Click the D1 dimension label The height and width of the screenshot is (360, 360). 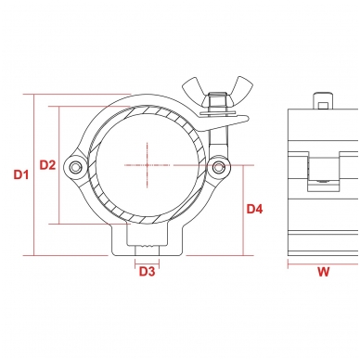click(x=21, y=174)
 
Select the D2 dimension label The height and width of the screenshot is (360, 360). click(x=47, y=165)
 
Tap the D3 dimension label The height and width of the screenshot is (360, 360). click(x=147, y=272)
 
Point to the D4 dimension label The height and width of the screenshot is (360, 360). click(x=254, y=209)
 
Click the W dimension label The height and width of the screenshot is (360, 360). click(x=324, y=272)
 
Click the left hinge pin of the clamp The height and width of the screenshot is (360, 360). click(x=74, y=167)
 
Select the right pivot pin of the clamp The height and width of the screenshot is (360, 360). click(x=219, y=168)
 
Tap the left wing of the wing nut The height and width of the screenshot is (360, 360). click(x=193, y=90)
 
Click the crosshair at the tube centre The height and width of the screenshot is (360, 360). click(x=148, y=165)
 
